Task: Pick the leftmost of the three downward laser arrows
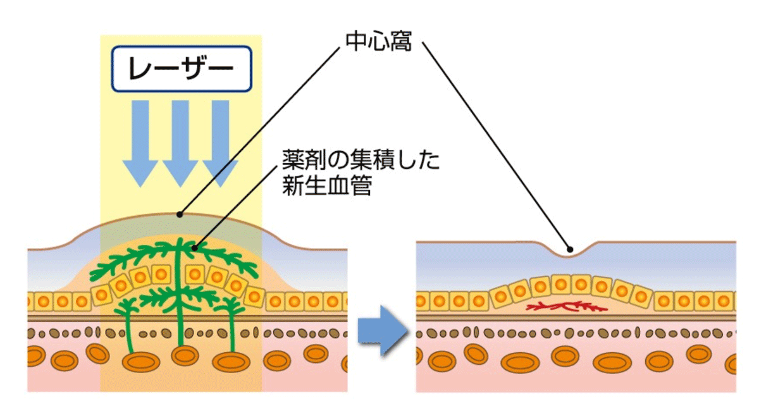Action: [140, 142]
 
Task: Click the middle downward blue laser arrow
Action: [180, 142]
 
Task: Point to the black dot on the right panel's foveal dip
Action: [570, 249]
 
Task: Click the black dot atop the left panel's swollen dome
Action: [180, 214]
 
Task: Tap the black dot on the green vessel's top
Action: [195, 248]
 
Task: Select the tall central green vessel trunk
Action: [182, 297]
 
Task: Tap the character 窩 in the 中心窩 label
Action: [400, 42]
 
